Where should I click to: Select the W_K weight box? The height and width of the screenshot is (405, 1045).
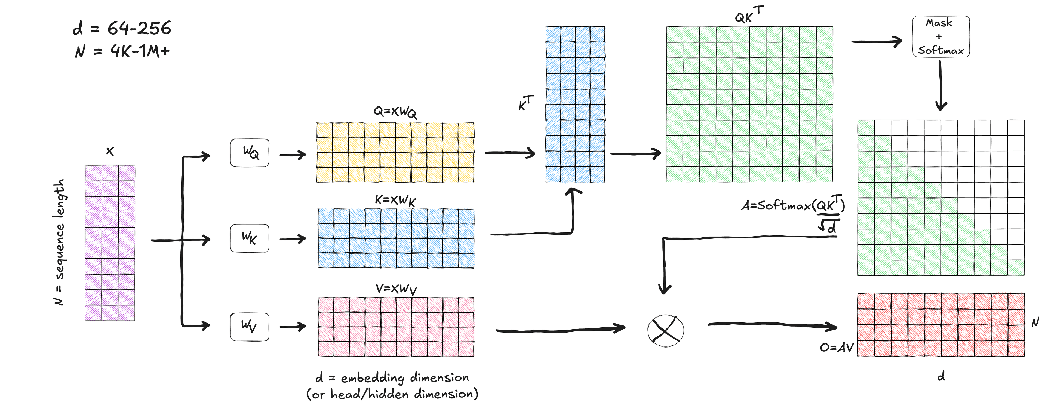(x=250, y=238)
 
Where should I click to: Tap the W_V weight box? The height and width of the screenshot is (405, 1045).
(x=250, y=326)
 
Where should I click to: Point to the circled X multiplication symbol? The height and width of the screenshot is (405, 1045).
(x=665, y=331)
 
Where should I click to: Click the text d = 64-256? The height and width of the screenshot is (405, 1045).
(x=122, y=28)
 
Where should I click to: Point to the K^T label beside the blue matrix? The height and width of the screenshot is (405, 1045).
(x=526, y=103)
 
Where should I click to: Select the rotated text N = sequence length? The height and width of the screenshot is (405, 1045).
(x=59, y=242)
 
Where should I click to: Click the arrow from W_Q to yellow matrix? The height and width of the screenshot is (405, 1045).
(x=293, y=155)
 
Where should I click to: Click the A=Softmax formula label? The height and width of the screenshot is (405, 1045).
(x=793, y=211)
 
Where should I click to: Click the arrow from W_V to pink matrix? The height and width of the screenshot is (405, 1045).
(x=293, y=327)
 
